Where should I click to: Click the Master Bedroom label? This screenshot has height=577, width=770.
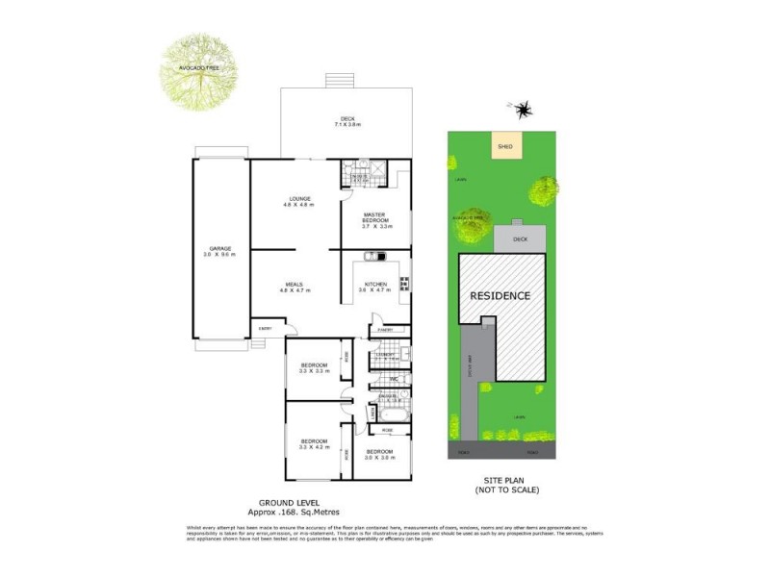tap(374, 219)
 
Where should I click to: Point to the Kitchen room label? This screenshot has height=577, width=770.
tap(374, 286)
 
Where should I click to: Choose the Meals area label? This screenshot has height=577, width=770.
tap(295, 286)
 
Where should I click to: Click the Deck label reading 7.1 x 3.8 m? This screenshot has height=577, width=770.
tap(346, 122)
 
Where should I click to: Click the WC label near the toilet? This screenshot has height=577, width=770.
tap(394, 379)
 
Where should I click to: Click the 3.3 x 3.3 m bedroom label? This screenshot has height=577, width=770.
tap(314, 367)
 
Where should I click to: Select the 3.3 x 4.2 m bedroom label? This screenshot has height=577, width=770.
tap(314, 444)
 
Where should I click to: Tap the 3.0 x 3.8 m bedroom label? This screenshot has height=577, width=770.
tap(379, 454)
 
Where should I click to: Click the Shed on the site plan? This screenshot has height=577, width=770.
tap(504, 145)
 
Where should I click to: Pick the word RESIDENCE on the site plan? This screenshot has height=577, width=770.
tap(500, 295)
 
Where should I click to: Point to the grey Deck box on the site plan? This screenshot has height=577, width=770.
tap(521, 239)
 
